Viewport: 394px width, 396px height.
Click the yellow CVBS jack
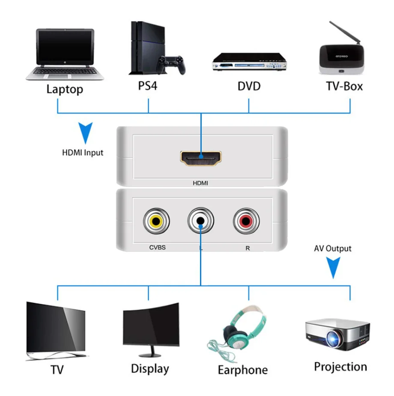(x=156, y=221)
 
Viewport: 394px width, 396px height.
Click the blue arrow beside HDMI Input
(x=85, y=132)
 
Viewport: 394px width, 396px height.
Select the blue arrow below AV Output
(x=333, y=267)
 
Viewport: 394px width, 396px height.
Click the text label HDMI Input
(x=82, y=153)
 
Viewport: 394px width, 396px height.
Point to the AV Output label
(x=332, y=249)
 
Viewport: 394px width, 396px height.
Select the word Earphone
(x=242, y=370)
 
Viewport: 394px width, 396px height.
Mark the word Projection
(x=340, y=367)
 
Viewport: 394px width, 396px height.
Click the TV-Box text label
(x=344, y=86)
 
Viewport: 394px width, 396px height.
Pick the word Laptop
(x=65, y=89)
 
